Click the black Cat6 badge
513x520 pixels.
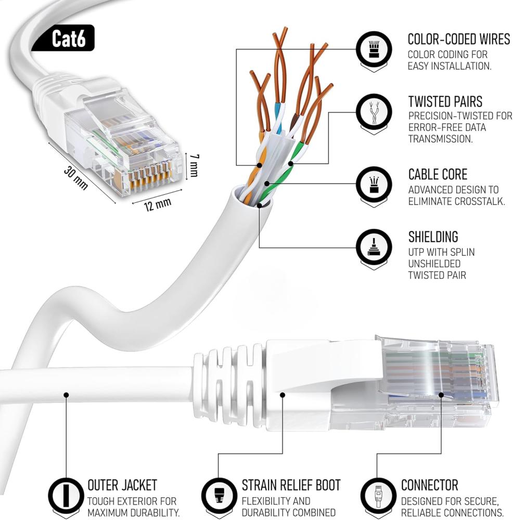pyautogui.click(x=63, y=38)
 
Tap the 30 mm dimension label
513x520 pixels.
pyautogui.click(x=76, y=178)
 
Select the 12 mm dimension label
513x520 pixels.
pyautogui.click(x=158, y=204)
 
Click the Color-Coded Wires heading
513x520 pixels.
pyautogui.click(x=458, y=39)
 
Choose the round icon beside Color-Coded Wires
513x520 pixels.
pyautogui.click(x=374, y=50)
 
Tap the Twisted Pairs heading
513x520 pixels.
pyautogui.click(x=445, y=101)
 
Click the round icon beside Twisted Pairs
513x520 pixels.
pyautogui.click(x=374, y=112)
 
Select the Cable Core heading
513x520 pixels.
pyautogui.click(x=438, y=174)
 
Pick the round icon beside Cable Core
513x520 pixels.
pyautogui.click(x=374, y=185)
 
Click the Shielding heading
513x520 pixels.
pyautogui.click(x=433, y=237)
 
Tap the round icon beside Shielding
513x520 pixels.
pyautogui.click(x=374, y=247)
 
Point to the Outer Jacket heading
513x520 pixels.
pyautogui.click(x=122, y=485)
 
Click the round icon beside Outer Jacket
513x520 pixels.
pyautogui.click(x=66, y=495)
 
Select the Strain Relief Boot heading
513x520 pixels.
pyautogui.click(x=291, y=485)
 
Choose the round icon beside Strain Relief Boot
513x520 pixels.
pyautogui.click(x=219, y=495)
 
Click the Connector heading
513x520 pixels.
pyautogui.click(x=429, y=485)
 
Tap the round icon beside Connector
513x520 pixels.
pyautogui.click(x=378, y=495)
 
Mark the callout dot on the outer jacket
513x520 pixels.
pyautogui.click(x=66, y=395)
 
